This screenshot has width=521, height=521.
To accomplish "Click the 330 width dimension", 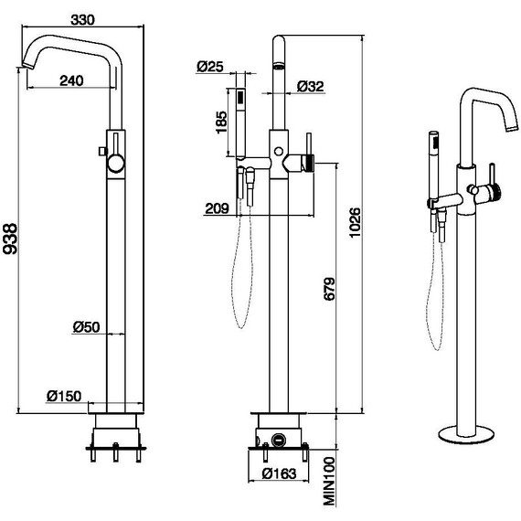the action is point(82,20).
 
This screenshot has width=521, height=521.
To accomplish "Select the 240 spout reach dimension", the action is point(71,80).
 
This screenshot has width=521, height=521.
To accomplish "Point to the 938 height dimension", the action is point(10,239).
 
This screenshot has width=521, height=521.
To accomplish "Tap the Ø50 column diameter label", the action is point(87,327).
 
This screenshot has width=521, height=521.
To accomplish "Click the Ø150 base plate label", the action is point(64,396).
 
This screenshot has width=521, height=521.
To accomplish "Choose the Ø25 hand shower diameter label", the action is point(210,67).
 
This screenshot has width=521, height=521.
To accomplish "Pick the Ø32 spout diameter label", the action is point(311,87).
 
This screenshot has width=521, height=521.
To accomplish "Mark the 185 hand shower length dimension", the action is point(221,122).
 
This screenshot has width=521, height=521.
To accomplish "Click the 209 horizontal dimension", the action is point(218,208).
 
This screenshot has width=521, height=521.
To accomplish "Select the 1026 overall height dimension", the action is point(355,223).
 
